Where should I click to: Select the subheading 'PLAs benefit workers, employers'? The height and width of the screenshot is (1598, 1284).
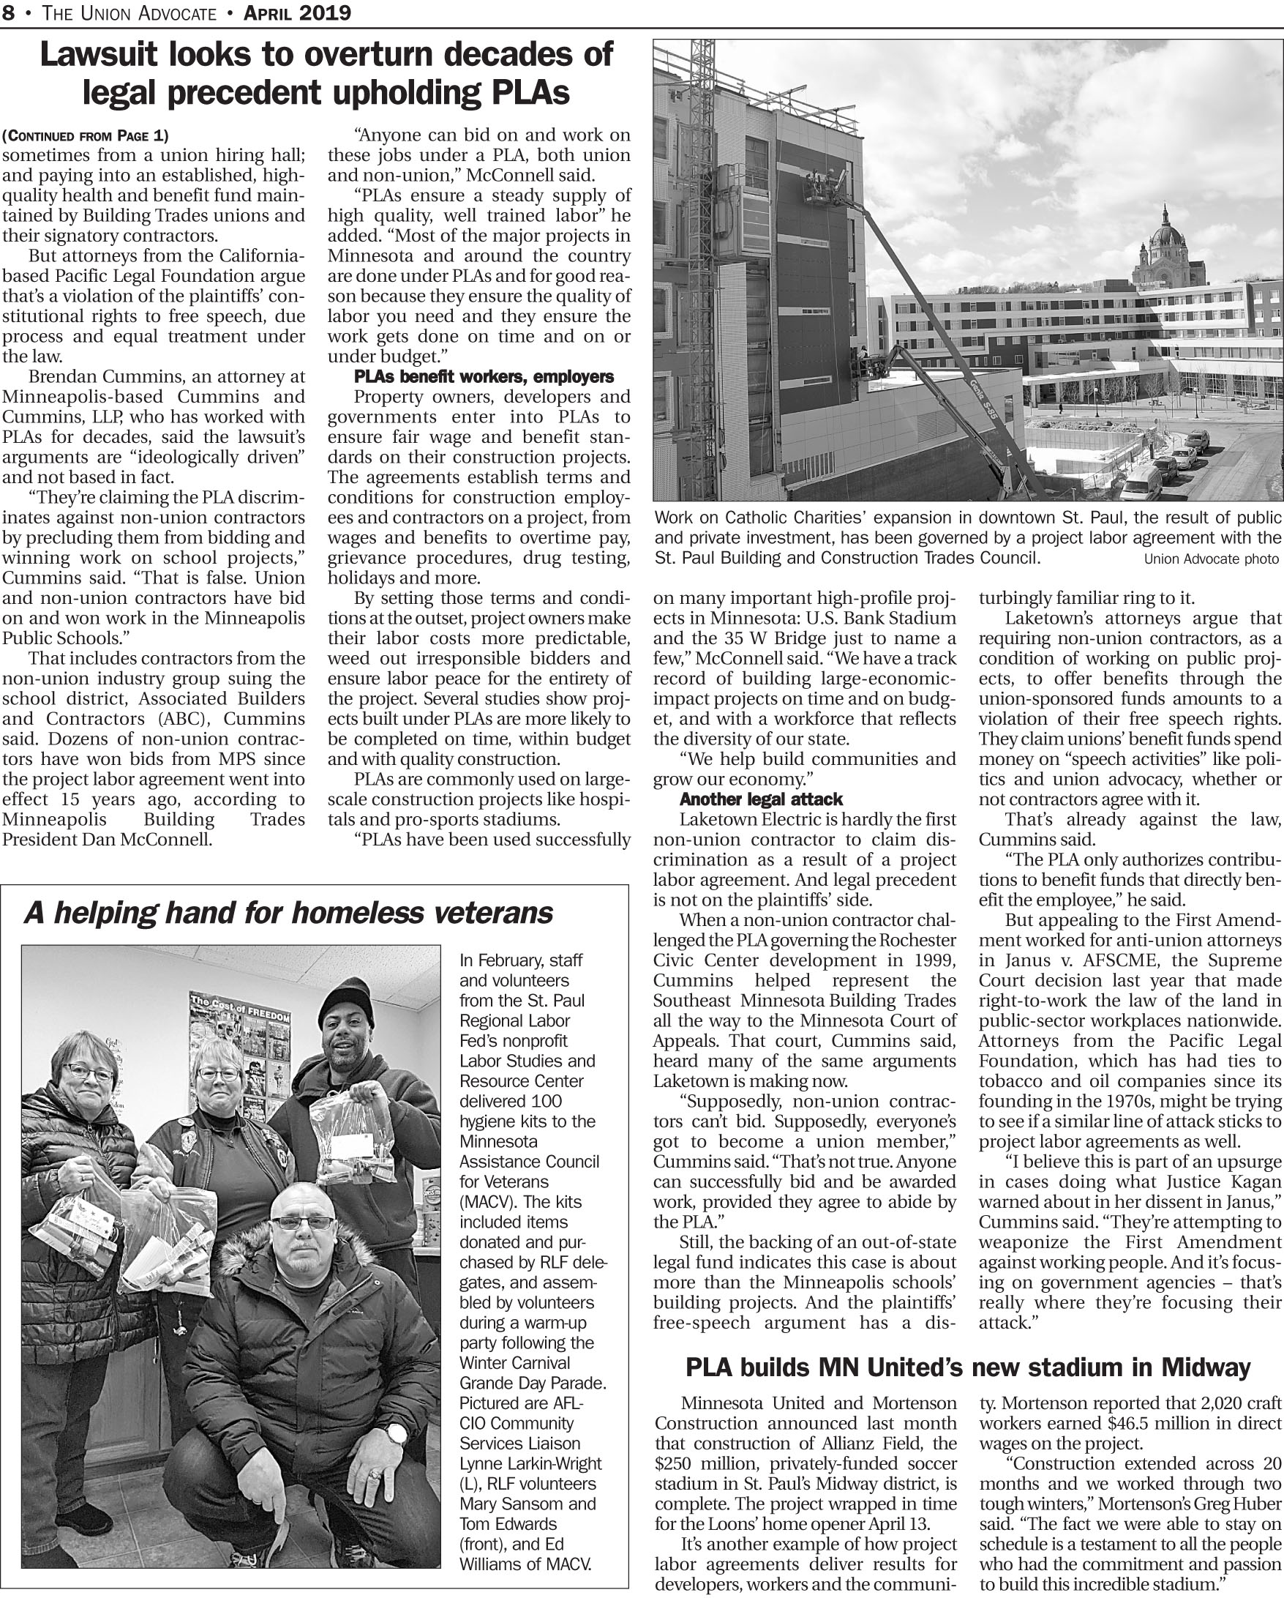[x=483, y=376]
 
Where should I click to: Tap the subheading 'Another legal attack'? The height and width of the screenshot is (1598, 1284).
[x=760, y=799]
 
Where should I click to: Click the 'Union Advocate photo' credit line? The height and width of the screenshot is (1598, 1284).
[x=1211, y=559]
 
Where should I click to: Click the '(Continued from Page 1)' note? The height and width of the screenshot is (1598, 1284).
[x=85, y=135]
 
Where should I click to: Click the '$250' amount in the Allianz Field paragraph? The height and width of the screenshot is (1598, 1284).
[x=673, y=1464]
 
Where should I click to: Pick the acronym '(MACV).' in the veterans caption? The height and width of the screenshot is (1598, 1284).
[x=485, y=1202]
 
